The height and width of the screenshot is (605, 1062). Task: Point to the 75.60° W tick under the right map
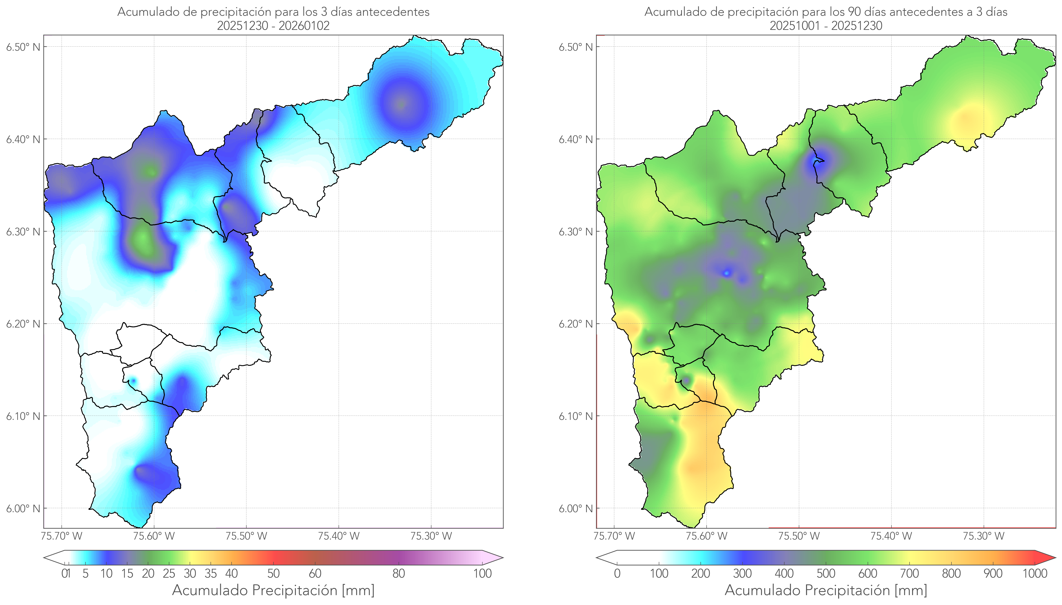pos(706,536)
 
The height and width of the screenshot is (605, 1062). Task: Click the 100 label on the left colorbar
pos(482,573)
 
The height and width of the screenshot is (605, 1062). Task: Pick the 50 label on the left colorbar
pos(273,573)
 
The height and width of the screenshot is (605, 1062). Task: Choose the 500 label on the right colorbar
pos(826,573)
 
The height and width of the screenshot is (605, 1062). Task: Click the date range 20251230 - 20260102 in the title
pos(273,26)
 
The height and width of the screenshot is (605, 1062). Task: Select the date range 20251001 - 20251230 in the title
pos(826,26)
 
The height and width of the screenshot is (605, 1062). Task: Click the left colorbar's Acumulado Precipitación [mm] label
pos(273,590)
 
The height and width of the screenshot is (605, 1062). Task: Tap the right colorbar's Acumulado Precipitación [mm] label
pos(826,590)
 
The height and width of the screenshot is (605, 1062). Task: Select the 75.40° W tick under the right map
pos(891,536)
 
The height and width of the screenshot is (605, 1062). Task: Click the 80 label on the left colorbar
pos(398,573)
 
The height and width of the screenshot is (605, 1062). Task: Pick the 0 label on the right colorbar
pos(617,573)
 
